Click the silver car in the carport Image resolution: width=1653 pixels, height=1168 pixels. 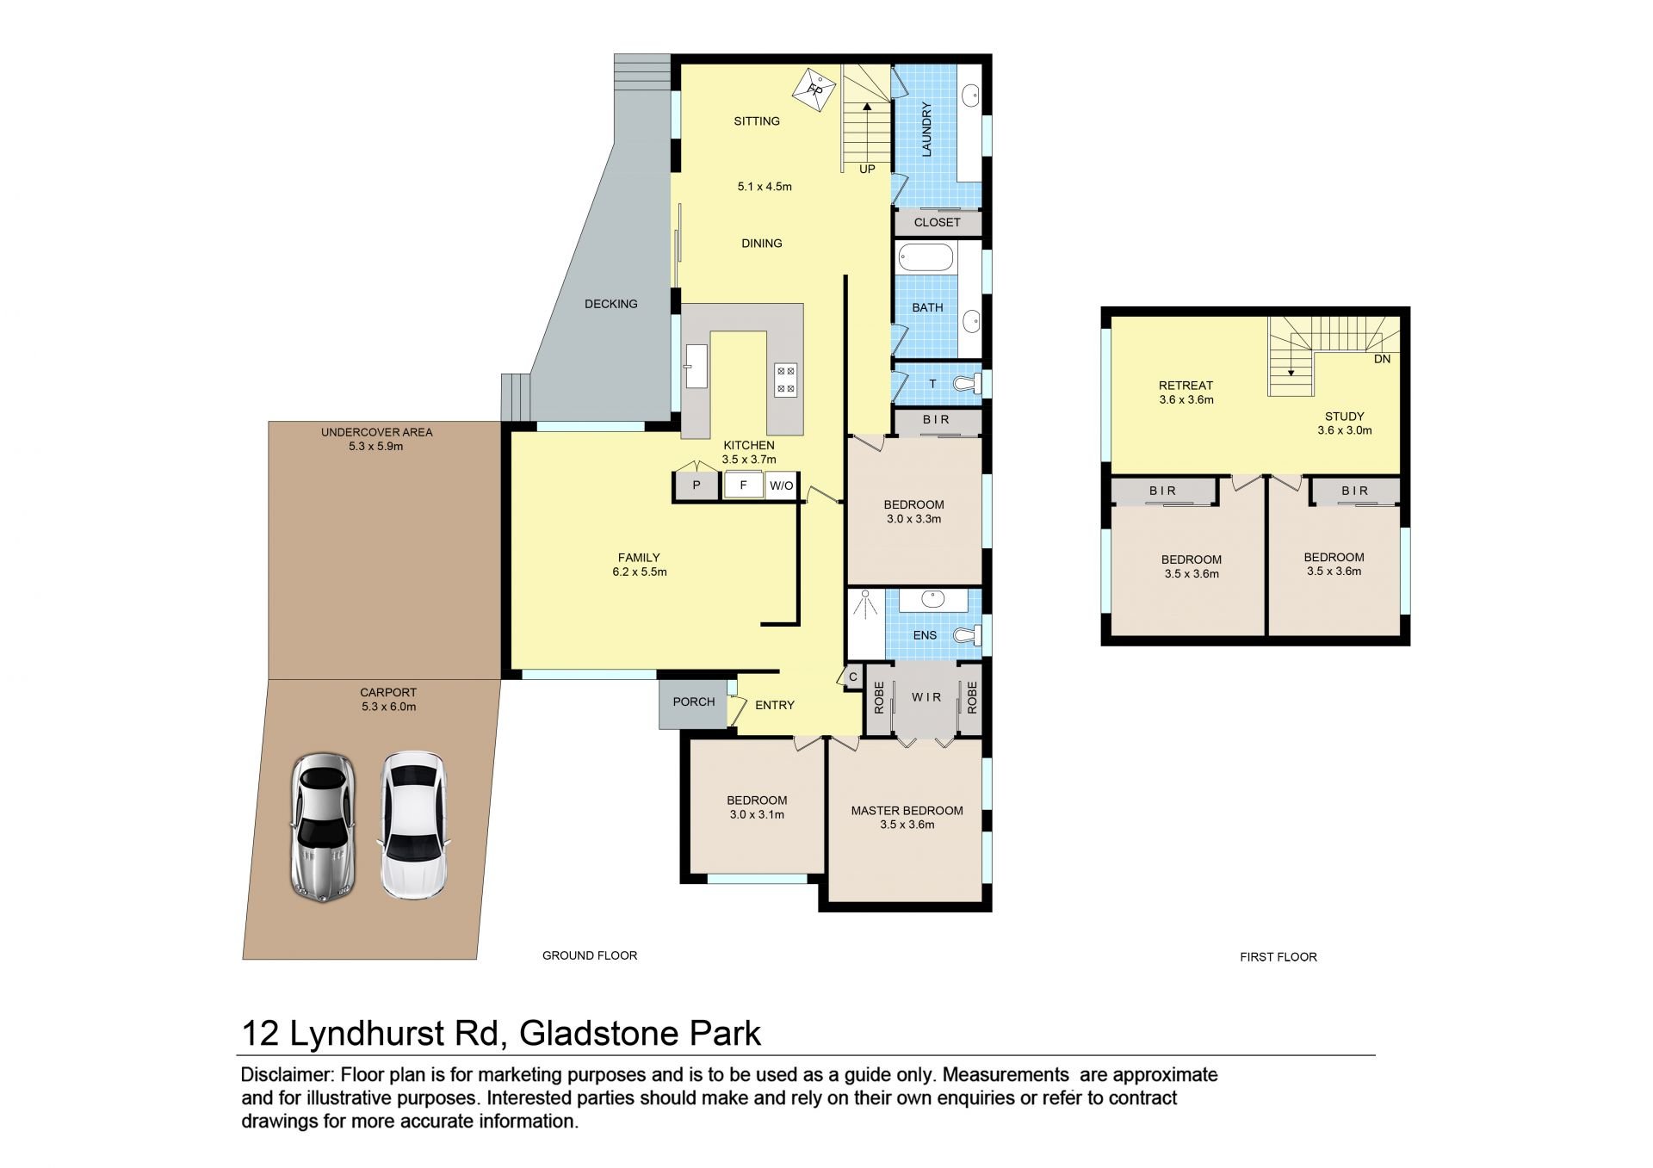point(321,828)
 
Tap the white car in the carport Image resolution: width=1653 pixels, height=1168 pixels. point(414,826)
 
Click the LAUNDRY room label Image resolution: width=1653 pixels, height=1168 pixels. point(927,130)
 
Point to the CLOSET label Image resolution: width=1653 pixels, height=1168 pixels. point(937,222)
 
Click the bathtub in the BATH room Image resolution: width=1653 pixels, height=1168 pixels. point(926,257)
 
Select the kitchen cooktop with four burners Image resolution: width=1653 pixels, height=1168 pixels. point(786,380)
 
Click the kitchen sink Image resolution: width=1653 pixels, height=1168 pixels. point(696,367)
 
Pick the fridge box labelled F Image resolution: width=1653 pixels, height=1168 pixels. point(743,485)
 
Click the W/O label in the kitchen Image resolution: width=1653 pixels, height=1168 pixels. point(781,485)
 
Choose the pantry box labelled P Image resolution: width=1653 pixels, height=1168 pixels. point(696,485)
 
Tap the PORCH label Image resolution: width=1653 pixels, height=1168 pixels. point(694,701)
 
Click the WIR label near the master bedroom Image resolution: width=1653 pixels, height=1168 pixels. point(926,696)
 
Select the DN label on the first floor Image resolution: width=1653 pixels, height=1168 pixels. point(1382,359)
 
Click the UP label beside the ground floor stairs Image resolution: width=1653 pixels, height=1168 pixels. point(867,169)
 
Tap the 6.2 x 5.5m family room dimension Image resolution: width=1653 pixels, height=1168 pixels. point(639,572)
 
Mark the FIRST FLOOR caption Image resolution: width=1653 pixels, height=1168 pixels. point(1278,956)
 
